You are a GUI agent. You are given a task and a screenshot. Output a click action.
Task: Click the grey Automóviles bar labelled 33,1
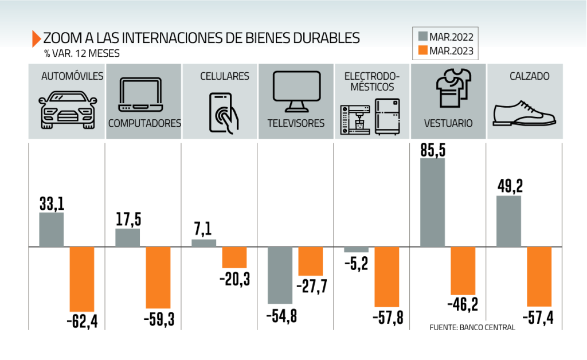[x=51, y=230]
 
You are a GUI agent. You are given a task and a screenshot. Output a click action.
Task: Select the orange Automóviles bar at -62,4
[x=81, y=280]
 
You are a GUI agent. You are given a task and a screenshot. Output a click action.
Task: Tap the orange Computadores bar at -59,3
[x=158, y=278]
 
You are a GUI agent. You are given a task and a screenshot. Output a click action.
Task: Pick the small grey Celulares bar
[x=204, y=244]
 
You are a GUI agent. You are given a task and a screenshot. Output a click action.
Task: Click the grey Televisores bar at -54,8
[x=280, y=275]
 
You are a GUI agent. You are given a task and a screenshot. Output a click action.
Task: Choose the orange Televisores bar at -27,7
[x=310, y=261]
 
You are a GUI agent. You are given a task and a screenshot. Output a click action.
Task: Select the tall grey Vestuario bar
[x=432, y=203]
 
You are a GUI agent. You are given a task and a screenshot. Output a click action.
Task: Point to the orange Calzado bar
[x=539, y=277]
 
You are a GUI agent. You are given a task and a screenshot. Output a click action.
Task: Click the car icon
[x=67, y=109]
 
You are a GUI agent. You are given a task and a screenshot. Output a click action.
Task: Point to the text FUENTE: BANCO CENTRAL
[x=472, y=327]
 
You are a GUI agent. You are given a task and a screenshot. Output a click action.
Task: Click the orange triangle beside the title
[x=37, y=38]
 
